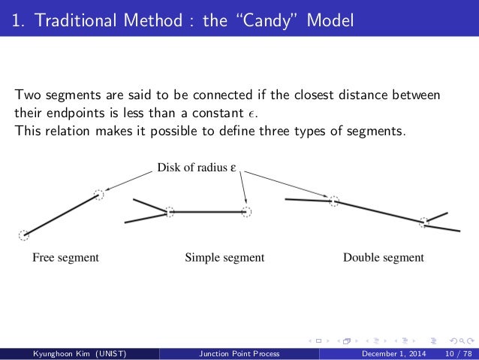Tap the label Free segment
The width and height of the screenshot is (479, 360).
coord(65,258)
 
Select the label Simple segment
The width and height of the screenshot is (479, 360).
coord(224,258)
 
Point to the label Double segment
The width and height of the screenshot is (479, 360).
coord(383,258)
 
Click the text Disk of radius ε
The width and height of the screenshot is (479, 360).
coord(197,168)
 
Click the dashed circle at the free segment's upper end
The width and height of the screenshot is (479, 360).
coord(98,195)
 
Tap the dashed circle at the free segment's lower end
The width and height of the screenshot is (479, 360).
coord(23,235)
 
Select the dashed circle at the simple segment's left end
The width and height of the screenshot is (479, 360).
coord(170,213)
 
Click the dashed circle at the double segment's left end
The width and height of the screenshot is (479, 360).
coord(334,201)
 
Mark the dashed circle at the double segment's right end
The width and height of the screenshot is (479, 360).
coord(424,221)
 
